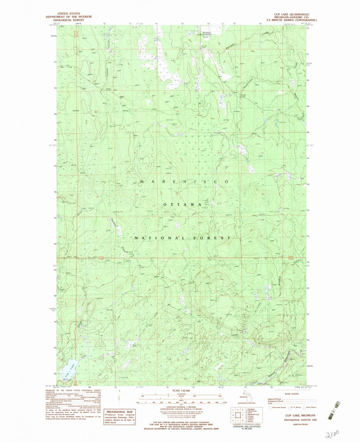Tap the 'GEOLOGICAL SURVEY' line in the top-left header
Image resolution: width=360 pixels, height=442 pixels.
tap(69, 20)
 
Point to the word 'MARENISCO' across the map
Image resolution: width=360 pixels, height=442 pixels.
tap(184, 182)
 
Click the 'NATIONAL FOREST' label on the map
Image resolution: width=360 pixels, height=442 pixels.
tap(182, 238)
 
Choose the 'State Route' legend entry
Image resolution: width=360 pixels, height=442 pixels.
tap(310, 407)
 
